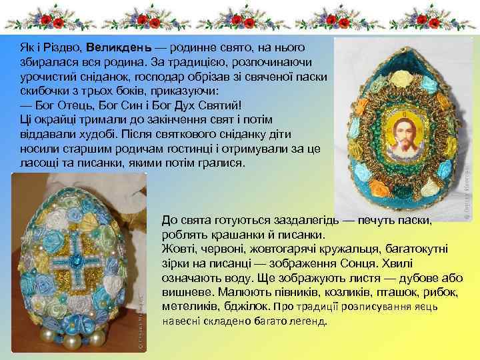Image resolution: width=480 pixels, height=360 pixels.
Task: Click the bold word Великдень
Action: (x=127, y=48)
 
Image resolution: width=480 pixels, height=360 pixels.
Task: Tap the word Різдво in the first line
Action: (x=64, y=48)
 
